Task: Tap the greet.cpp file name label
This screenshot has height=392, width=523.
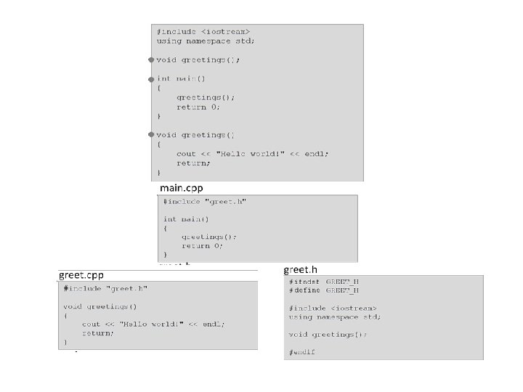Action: (81, 276)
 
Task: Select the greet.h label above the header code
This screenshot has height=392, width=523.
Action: (300, 269)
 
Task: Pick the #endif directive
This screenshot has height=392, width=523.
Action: (301, 352)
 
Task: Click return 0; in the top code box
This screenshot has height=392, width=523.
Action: (198, 107)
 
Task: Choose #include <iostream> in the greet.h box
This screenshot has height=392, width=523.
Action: (332, 308)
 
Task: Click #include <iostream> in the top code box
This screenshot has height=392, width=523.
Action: (203, 31)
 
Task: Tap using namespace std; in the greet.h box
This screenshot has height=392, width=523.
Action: (334, 317)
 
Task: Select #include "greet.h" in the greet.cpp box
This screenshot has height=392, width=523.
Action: (105, 288)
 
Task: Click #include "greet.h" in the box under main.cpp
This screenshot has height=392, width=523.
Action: (205, 201)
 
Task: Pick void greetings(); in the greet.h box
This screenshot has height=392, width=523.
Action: (328, 335)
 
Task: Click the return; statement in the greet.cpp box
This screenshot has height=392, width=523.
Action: (98, 332)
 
